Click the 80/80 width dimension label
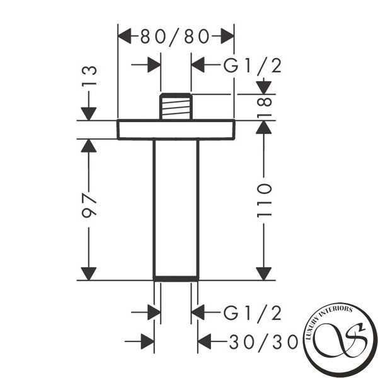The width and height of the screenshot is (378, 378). [175, 37]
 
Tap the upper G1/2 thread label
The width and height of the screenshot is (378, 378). [253, 66]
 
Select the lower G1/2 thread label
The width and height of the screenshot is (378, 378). [253, 313]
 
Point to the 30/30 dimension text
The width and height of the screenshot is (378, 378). [263, 342]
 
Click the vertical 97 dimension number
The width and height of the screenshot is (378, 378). [89, 205]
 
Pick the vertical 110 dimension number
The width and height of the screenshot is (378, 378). [264, 200]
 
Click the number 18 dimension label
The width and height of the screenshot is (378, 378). [264, 108]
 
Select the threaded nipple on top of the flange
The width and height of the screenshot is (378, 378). [176, 106]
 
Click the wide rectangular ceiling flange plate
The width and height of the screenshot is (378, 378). [176, 129]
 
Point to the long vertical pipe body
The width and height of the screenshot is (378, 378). [176, 208]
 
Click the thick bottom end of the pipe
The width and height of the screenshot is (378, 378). [176, 278]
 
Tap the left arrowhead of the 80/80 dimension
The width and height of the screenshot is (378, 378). [125, 36]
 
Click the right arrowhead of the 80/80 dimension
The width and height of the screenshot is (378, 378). [227, 36]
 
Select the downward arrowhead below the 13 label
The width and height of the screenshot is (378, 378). [89, 113]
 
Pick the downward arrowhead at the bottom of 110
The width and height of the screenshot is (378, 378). [264, 274]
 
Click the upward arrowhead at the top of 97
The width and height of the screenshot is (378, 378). [89, 146]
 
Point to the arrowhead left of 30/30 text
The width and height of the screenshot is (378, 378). [204, 341]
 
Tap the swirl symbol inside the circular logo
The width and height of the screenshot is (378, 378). [340, 340]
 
